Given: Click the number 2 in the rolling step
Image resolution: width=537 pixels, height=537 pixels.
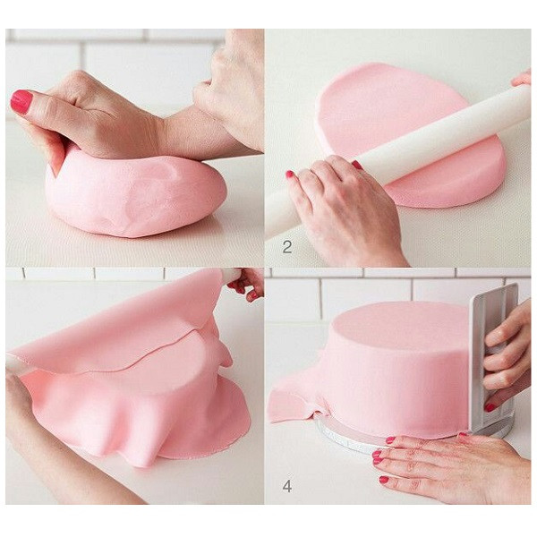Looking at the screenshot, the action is click(x=287, y=247).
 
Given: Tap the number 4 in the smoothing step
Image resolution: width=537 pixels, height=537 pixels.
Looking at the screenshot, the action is click(x=287, y=486).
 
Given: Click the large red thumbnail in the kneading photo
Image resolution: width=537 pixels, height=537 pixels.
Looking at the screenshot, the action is click(x=21, y=102).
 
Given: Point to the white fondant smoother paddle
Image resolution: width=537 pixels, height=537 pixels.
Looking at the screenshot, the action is click(x=493, y=360).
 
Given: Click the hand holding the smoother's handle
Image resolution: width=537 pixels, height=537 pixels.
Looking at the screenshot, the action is click(x=507, y=356).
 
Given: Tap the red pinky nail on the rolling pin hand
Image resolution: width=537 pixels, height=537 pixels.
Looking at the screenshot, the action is click(x=290, y=174).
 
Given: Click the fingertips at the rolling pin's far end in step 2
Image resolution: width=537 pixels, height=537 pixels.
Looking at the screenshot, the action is click(x=523, y=79).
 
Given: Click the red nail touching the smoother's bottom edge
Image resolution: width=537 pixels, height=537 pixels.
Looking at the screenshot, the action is click(x=490, y=407).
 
